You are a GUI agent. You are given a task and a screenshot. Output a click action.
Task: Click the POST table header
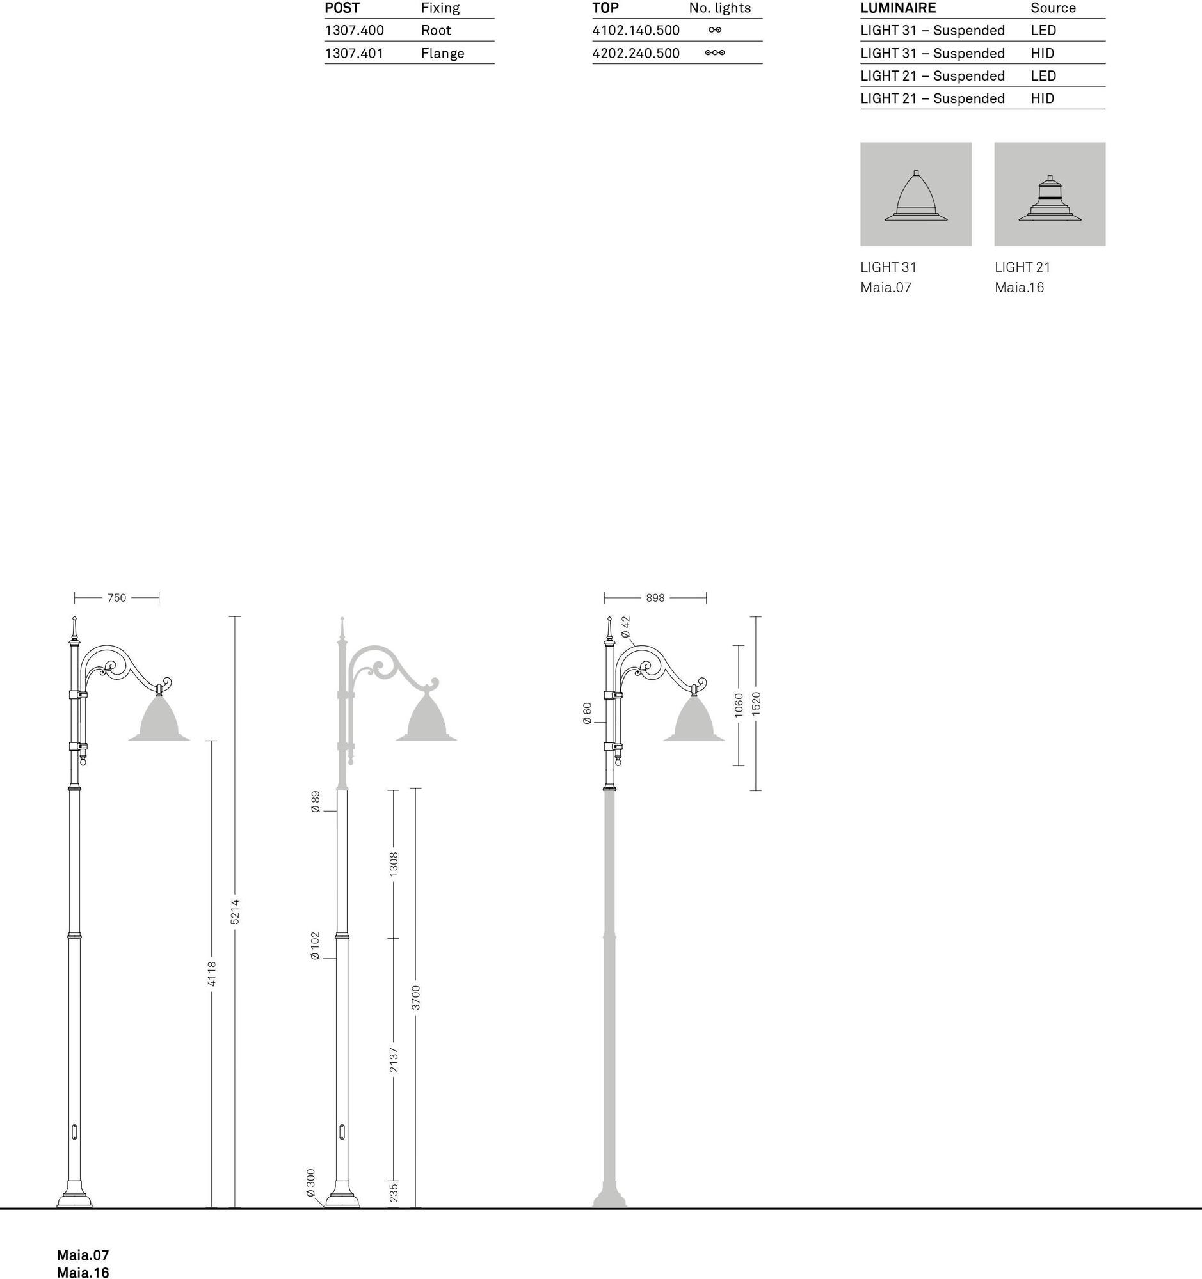point(342,8)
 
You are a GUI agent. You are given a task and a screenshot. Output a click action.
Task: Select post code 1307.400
point(354,30)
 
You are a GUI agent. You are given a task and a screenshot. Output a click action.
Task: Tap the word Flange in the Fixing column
point(442,54)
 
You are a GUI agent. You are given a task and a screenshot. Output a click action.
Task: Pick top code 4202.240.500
point(636,54)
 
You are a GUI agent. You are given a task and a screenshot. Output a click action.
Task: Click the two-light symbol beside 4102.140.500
point(715,30)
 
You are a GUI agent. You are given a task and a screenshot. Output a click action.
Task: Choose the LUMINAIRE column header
point(898,8)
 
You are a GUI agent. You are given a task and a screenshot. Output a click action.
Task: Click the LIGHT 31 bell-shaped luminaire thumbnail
point(915,194)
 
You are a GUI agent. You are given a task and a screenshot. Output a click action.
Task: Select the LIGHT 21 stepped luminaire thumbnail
point(1050,194)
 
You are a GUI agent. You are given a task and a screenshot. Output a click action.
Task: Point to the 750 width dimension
point(116,598)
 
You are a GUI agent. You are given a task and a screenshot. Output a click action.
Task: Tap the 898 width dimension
point(655,598)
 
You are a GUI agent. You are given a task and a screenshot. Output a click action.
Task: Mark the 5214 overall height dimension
point(235,912)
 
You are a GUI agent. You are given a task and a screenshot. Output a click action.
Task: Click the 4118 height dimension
point(212,973)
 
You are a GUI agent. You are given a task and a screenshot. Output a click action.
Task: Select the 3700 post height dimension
point(416,997)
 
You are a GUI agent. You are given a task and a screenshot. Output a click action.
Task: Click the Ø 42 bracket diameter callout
point(626,627)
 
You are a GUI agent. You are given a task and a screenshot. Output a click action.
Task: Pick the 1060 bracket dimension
point(739,705)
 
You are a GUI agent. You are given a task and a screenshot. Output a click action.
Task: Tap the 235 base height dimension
point(394,1191)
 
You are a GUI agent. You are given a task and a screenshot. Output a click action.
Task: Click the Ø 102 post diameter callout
point(315,946)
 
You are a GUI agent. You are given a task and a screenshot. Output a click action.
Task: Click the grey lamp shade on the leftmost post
point(159,719)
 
